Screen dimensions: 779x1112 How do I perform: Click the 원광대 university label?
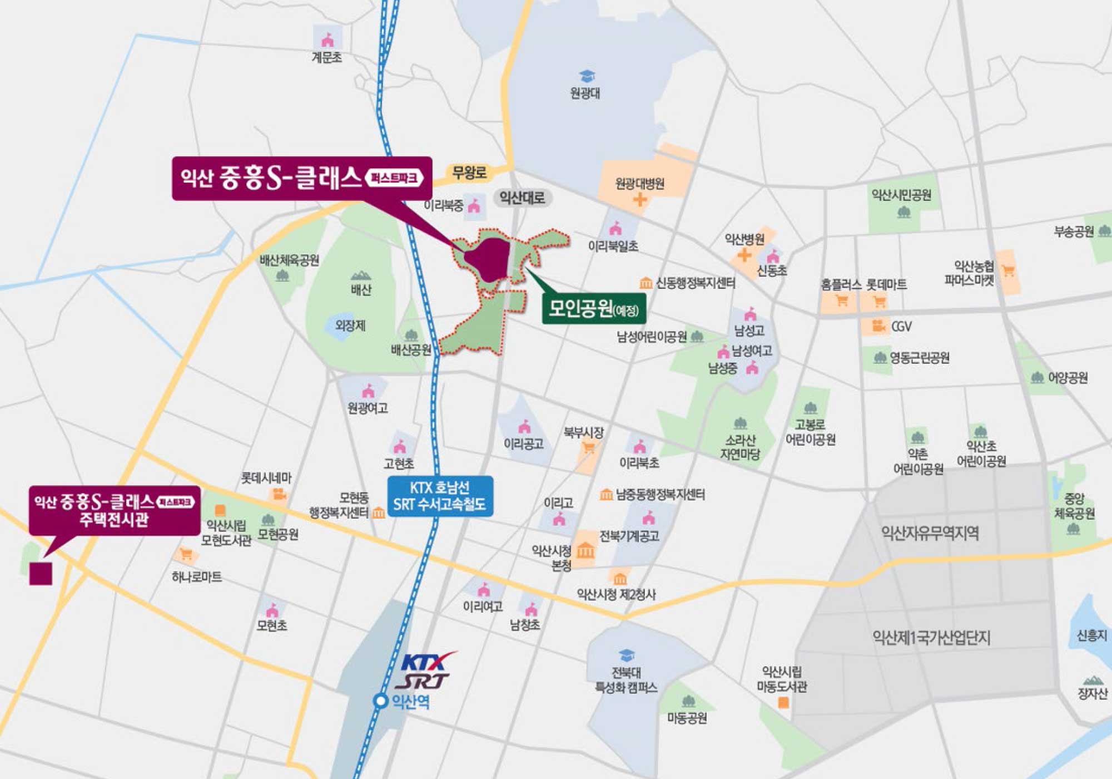[585, 92]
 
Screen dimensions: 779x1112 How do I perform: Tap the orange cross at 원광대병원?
[639, 199]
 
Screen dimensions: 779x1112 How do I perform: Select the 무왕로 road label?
[469, 172]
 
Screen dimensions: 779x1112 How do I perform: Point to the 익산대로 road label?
[522, 198]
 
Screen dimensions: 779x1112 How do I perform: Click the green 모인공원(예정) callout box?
[594, 308]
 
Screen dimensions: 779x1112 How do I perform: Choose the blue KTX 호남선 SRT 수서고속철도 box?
[440, 496]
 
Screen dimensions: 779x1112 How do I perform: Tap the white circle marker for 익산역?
[380, 701]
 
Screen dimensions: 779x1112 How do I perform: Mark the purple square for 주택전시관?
[41, 573]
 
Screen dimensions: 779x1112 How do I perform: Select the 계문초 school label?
[326, 57]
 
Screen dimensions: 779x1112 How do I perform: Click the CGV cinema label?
[901, 326]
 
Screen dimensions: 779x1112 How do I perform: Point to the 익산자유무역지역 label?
[930, 533]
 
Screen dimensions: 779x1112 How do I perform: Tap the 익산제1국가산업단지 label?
[931, 638]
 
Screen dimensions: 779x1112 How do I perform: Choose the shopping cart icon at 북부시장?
[588, 447]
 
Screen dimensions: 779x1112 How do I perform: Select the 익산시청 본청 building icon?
[585, 551]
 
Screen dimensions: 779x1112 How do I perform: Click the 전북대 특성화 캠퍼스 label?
[626, 680]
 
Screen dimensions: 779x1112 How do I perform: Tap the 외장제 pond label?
[350, 325]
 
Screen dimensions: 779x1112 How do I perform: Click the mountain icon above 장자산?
[1093, 680]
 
